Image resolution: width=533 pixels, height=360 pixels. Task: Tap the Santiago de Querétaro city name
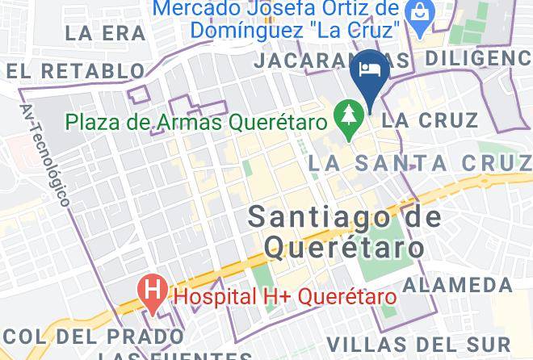[x=344, y=231]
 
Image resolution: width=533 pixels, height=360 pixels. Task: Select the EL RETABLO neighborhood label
[x=80, y=71]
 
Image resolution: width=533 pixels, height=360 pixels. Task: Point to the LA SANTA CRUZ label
[x=420, y=164]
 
